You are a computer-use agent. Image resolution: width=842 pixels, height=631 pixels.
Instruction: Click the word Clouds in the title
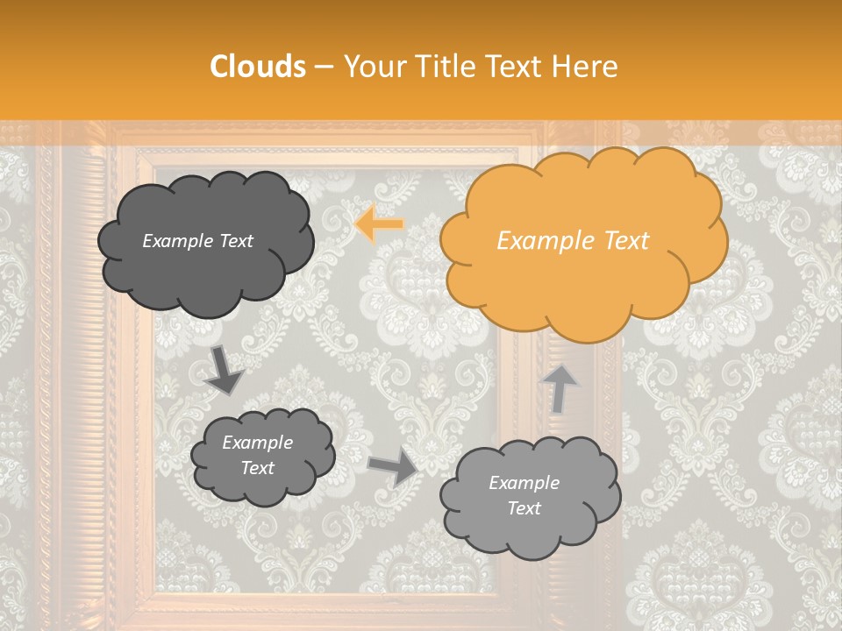point(258,67)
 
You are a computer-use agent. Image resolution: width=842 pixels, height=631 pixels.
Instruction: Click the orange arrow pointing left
point(380,225)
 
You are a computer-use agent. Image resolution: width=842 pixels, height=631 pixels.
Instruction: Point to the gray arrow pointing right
point(394,466)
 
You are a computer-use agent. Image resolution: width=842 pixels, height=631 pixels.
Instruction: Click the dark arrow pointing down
point(225,370)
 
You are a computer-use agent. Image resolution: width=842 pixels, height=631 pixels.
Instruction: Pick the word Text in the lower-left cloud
point(257,468)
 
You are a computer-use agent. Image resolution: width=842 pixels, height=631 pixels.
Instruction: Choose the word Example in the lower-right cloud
point(524,483)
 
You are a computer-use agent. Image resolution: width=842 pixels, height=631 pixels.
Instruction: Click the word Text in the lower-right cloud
point(524,508)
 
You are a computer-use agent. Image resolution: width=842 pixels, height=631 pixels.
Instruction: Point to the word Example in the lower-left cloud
point(257,443)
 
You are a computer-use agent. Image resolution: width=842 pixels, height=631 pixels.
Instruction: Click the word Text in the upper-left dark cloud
point(235,241)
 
